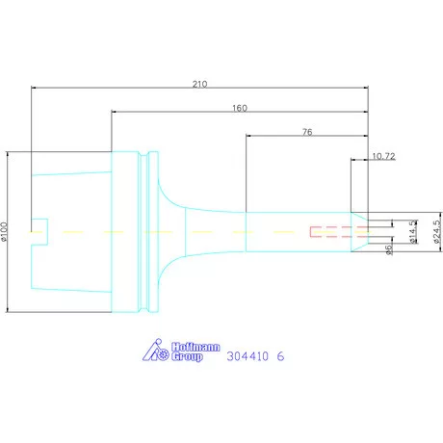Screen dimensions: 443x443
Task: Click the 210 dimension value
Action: (x=199, y=84)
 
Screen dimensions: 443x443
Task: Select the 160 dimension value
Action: (x=240, y=108)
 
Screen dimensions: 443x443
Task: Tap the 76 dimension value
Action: (x=307, y=132)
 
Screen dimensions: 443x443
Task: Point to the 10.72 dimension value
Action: (x=383, y=156)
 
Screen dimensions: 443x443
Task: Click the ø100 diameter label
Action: (x=4, y=231)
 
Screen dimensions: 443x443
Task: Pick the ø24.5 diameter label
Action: (x=437, y=232)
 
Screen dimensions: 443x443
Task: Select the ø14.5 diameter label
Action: (x=413, y=232)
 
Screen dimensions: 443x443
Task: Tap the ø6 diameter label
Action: (x=389, y=249)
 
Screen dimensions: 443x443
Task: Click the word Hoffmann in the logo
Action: (x=195, y=347)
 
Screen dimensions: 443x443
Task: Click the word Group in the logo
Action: (x=187, y=356)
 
